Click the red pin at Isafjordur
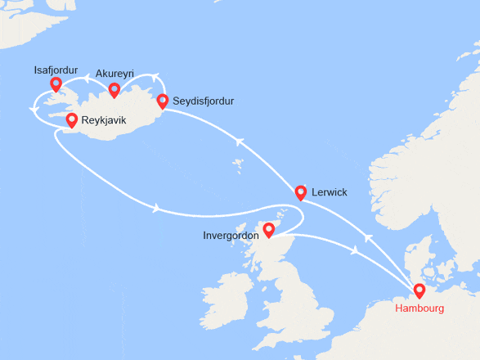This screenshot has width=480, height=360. click(56, 83)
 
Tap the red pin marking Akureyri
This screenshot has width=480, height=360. click(114, 89)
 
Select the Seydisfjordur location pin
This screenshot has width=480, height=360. click(162, 101)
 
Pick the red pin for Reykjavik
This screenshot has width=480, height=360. click(71, 120)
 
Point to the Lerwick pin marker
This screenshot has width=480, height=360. click(300, 192)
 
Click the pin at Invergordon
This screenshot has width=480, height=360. click(268, 231)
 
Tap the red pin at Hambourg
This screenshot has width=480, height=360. click(419, 290)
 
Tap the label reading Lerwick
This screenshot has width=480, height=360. click(330, 192)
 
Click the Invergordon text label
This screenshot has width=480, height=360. click(232, 236)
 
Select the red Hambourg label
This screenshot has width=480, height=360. click(419, 309)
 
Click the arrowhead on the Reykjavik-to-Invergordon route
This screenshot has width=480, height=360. click(155, 208)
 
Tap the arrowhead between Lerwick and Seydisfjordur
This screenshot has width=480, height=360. click(240, 142)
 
